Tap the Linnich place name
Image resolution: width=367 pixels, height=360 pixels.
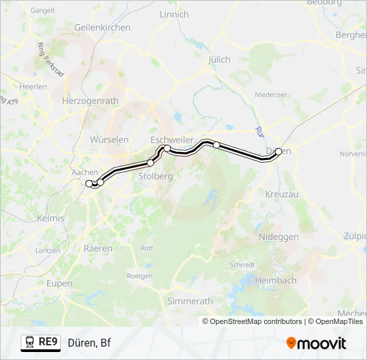[x=174, y=14]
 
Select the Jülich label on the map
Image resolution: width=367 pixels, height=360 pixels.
[x=219, y=59]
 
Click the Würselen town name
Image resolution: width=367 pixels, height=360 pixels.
[x=109, y=139]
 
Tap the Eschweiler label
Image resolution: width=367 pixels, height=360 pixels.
[x=171, y=139]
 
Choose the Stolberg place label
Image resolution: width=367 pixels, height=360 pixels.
[x=155, y=176]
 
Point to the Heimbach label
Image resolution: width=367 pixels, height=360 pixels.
[x=275, y=280]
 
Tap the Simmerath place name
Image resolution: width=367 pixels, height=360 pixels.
[x=190, y=301]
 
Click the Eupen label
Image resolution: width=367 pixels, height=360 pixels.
[x=59, y=283]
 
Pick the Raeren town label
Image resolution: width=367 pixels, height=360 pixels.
[x=97, y=248]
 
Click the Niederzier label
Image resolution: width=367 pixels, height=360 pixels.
[x=270, y=95]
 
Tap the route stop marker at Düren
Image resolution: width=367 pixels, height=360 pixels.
[x=278, y=151]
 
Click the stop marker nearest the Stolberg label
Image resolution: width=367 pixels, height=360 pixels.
[x=151, y=163]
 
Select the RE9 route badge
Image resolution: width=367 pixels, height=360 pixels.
[x=41, y=343]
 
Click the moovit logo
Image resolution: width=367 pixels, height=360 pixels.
[x=316, y=343]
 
